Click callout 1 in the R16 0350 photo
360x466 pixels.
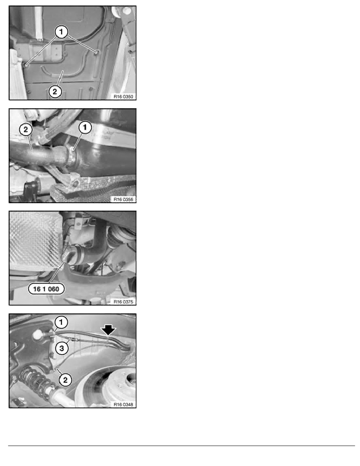pos(61,31)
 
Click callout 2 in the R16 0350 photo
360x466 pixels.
pos(55,91)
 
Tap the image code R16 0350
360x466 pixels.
pos(123,96)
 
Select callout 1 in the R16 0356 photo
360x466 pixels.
pos(85,127)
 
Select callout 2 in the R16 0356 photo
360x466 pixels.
pos(25,129)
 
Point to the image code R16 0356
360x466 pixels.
pos(123,199)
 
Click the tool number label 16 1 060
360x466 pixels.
pos(46,289)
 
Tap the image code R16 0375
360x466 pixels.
pos(123,302)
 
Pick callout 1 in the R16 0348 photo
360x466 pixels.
pos(61,322)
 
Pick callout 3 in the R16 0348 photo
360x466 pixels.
pos(62,348)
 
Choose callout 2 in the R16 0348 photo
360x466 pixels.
pos(65,380)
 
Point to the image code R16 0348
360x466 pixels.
pos(123,404)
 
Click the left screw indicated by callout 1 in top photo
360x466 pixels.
pos(26,64)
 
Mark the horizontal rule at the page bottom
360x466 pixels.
pos(182,446)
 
